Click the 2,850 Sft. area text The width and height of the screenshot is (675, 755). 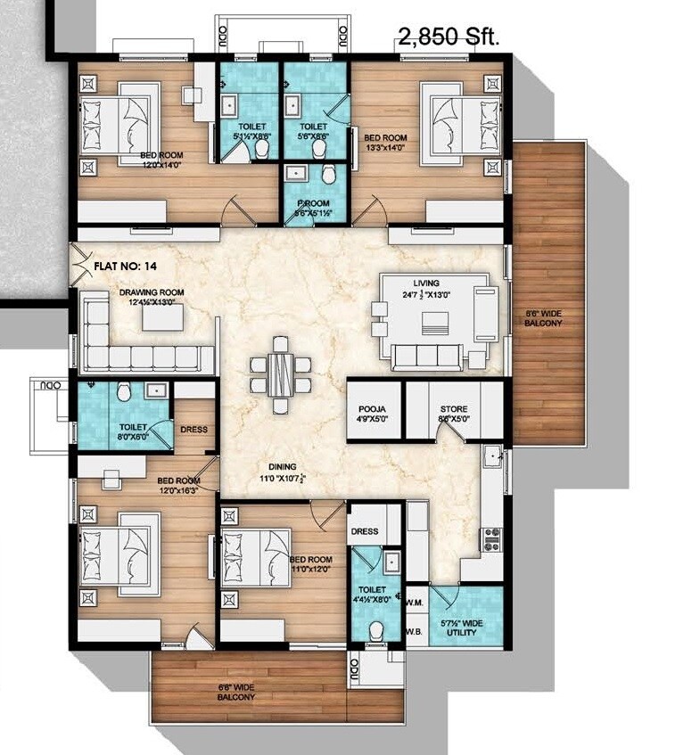(449, 37)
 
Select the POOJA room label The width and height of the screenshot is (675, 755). (372, 412)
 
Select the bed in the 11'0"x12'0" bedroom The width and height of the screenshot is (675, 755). (257, 556)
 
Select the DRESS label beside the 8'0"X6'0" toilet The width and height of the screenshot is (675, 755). (193, 429)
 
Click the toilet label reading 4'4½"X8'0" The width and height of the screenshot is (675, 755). (373, 595)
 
